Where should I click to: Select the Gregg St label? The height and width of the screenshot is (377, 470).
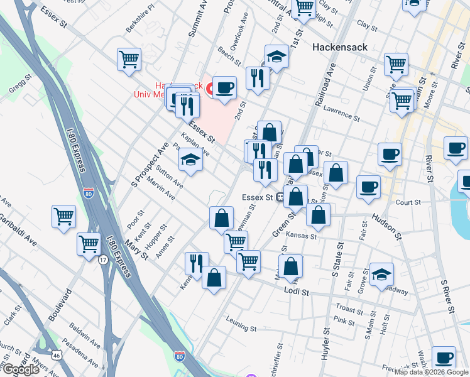[20, 87]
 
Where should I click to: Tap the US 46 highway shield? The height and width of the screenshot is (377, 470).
[57, 356]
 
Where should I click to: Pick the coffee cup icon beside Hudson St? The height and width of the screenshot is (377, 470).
[368, 187]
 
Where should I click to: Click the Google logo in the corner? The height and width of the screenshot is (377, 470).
[21, 369]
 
